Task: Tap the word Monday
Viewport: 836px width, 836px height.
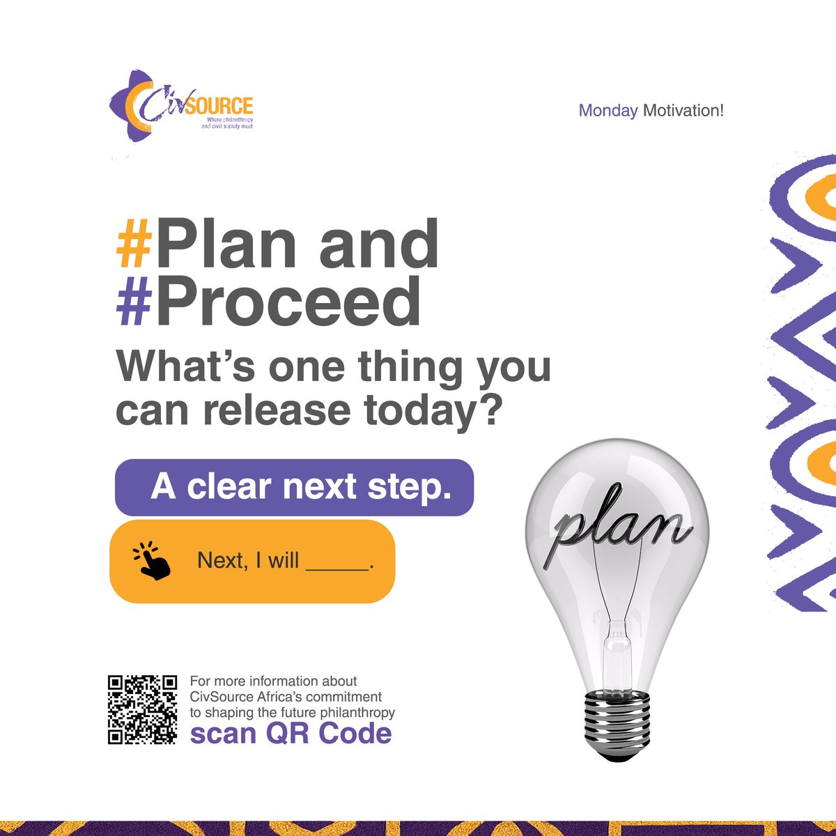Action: click(x=608, y=111)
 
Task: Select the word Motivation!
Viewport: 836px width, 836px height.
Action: click(x=683, y=111)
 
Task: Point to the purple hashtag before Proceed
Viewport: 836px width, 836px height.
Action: click(x=133, y=303)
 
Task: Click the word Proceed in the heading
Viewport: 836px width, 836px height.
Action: click(x=288, y=303)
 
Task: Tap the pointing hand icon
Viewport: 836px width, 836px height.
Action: click(x=152, y=561)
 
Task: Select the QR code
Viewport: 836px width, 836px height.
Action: click(x=143, y=710)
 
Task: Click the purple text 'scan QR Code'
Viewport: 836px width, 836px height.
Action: click(x=291, y=733)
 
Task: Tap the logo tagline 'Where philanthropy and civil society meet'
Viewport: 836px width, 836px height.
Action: click(x=225, y=124)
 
